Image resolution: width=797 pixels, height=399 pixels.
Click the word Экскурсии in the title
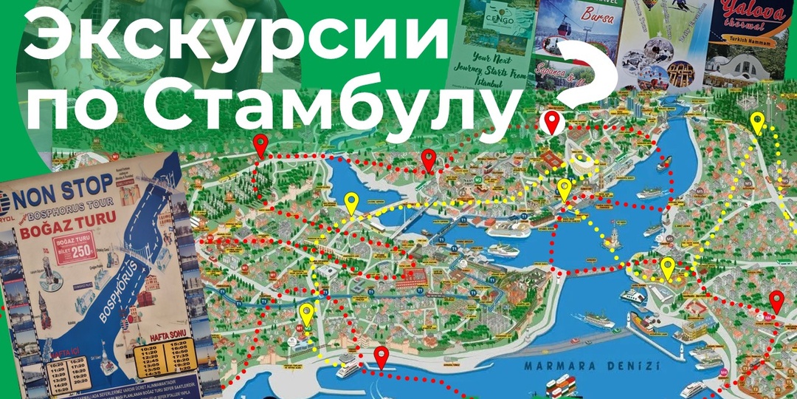pos(236,37)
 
